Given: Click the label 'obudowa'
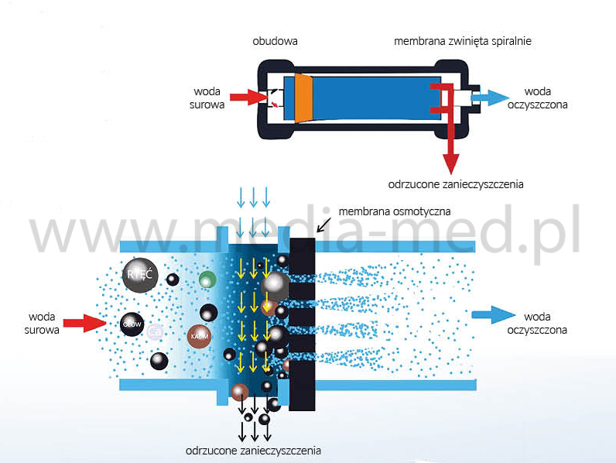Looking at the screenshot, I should pyautogui.click(x=275, y=40).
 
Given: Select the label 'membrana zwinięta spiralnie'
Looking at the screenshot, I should pyautogui.click(x=462, y=40).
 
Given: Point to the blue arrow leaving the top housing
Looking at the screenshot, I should pyautogui.click(x=491, y=98).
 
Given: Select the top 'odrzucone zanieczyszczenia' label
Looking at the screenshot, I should pyautogui.click(x=456, y=185).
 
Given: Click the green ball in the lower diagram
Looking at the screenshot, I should pyautogui.click(x=207, y=279).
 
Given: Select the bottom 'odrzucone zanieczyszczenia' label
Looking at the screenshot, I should pyautogui.click(x=253, y=450).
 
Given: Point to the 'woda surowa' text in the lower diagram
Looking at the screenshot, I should pyautogui.click(x=42, y=323).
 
